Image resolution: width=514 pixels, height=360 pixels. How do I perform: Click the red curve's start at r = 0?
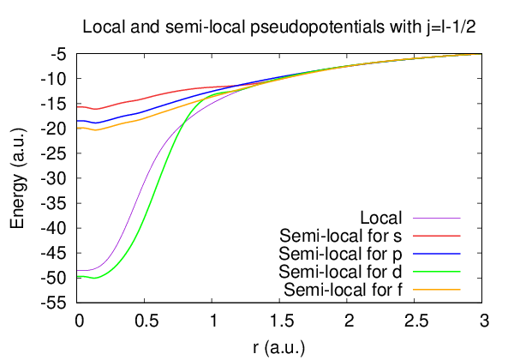[78, 107]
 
